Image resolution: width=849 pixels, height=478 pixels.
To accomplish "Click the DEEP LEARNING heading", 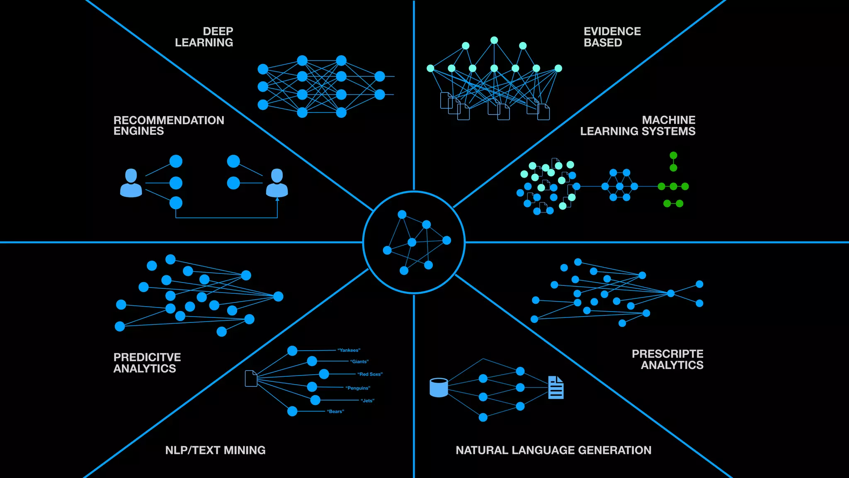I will [204, 37].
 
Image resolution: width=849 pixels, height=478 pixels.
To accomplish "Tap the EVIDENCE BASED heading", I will [612, 37].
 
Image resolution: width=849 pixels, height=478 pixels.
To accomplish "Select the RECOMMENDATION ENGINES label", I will [169, 125].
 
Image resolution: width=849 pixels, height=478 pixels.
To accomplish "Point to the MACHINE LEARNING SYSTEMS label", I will [638, 125].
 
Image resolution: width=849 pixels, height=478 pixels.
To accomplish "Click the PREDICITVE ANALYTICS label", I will [147, 363].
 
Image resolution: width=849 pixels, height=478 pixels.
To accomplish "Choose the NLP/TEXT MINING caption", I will [215, 450].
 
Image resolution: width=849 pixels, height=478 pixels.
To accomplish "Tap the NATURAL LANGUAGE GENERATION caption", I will [553, 450].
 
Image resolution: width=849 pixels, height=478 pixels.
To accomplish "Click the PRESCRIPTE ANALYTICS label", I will [667, 359].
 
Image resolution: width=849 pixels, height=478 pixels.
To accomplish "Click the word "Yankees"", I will [349, 350].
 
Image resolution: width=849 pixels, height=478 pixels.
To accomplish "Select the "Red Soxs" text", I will [370, 374].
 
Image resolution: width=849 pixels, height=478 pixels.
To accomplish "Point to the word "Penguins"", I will [358, 388].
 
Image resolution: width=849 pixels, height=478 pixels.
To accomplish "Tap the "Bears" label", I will [335, 412].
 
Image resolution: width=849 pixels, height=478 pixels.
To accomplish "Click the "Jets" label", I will [367, 400].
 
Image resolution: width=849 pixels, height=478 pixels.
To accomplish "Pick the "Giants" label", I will [359, 361].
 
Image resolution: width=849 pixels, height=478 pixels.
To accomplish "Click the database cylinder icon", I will [439, 388].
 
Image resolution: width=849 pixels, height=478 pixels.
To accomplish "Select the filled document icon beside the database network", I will [556, 388].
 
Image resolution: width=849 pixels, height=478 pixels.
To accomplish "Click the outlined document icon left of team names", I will [251, 378].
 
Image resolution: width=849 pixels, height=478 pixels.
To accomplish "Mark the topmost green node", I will [673, 155].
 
